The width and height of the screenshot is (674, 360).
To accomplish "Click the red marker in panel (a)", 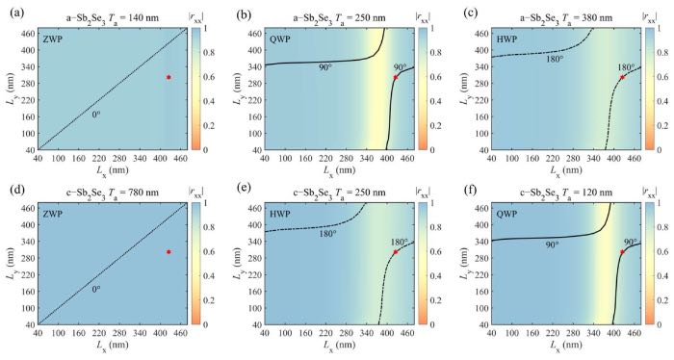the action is (x=168, y=77).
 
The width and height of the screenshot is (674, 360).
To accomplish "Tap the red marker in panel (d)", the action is (x=168, y=252).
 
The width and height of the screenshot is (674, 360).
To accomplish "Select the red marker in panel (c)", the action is (x=622, y=77).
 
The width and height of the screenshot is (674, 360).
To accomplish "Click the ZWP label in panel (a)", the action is (x=51, y=39).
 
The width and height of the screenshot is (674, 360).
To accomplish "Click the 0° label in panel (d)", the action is (x=96, y=289).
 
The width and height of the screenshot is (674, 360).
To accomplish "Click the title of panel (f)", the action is (x=566, y=193).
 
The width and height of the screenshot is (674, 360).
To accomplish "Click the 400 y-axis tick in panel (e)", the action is (x=256, y=224).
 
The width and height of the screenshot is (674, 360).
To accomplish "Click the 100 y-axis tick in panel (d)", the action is (x=29, y=308).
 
